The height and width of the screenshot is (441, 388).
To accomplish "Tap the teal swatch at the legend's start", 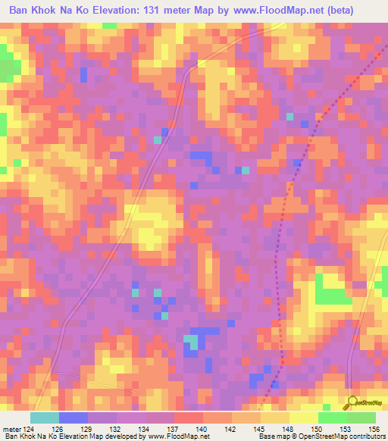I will (x=44, y=418).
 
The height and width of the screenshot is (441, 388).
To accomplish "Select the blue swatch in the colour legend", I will (x=73, y=418).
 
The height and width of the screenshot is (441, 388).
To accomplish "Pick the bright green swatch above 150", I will (x=332, y=418).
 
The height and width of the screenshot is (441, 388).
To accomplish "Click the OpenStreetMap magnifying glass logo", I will (x=351, y=402).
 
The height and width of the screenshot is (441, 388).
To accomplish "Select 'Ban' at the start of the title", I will (x=20, y=11).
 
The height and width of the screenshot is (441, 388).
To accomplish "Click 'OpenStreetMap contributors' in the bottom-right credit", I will (x=346, y=436).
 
